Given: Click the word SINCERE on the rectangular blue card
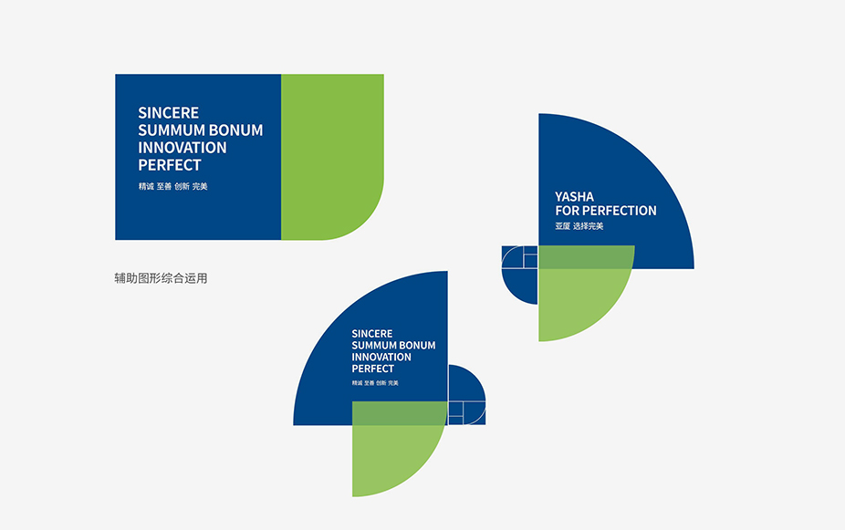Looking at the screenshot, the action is pos(168,112).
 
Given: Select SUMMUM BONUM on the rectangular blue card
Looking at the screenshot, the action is pos(201,130).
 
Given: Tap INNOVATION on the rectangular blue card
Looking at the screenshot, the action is pos(183,148).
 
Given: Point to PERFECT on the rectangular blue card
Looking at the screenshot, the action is pos(169,165).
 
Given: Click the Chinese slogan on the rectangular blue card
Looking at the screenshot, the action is pos(173,186).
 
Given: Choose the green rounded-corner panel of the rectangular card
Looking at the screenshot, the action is pos(332,157).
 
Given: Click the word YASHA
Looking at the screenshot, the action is pos(575,197).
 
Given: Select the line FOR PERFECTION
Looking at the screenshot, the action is pos(606,211).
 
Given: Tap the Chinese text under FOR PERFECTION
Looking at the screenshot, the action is pos(579,226).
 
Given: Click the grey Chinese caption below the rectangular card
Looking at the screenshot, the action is pos(161,278).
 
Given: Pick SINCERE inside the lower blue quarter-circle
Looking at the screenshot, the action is pos(371,334).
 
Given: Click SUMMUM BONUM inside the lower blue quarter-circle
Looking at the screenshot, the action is pos(393,345).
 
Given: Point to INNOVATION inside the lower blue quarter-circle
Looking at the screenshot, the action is pos(381,357).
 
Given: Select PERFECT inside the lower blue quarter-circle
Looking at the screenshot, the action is pos(372,369).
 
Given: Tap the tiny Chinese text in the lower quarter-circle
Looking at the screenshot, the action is pos(375,383).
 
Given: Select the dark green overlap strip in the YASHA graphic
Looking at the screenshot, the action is pos(587,257).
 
